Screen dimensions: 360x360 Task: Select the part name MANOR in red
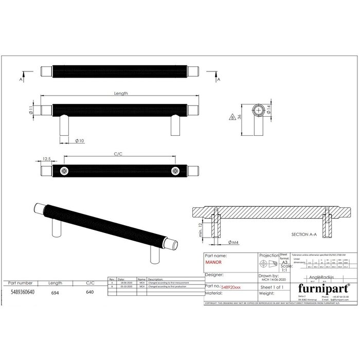[x=215, y=261]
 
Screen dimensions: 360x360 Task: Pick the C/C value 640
[x=89, y=291]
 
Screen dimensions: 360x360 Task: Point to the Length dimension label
[x=121, y=94]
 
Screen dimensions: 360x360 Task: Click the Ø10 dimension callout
[x=80, y=140]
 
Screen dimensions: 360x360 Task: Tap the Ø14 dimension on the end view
[x=282, y=110]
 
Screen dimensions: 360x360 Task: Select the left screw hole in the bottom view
[x=64, y=170]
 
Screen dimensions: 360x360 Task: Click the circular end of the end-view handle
[x=259, y=110]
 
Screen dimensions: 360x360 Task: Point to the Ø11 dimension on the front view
[x=31, y=110]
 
